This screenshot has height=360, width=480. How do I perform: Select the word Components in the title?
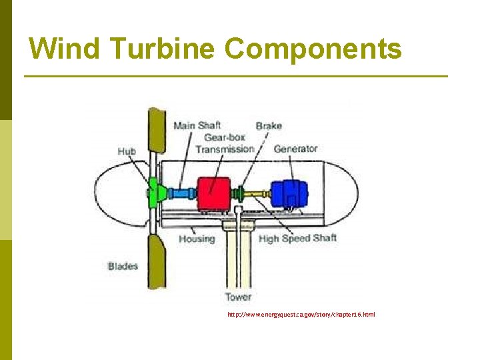coord(313,48)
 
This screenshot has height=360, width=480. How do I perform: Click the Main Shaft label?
coord(197,125)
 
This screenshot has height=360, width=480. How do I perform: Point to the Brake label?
coord(269,125)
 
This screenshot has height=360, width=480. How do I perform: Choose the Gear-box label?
coord(225,137)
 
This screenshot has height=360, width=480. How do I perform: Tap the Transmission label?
coord(225,149)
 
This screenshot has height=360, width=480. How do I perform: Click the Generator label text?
coord(295,149)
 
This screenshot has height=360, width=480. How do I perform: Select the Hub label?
coord(127,151)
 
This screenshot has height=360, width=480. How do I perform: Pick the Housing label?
coord(197,239)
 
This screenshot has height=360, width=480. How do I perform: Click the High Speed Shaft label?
coord(297,239)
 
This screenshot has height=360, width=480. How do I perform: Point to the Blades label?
coord(123,267)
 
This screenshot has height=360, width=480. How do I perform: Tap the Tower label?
coord(238,297)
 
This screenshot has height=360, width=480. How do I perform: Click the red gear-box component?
coord(213,193)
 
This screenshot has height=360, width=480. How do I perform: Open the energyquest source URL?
coord(301,313)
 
